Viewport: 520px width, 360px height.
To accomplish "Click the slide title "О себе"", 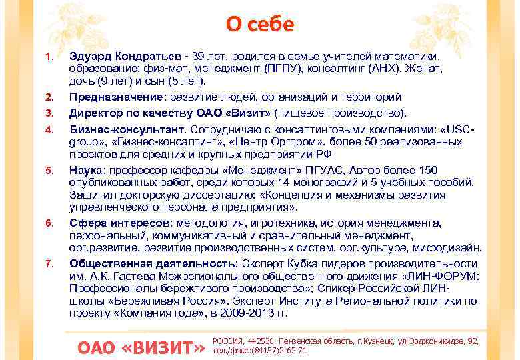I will click(x=259, y=24).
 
